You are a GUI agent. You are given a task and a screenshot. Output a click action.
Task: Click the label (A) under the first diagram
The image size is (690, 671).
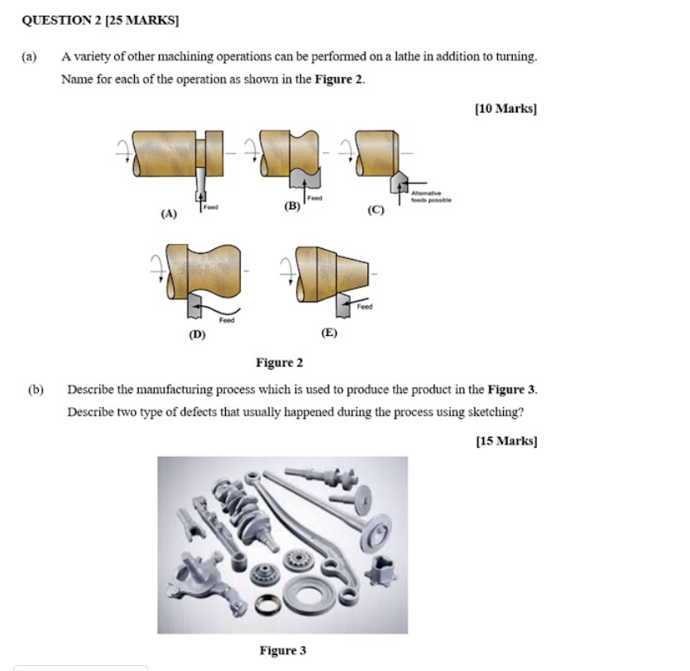point(169,213)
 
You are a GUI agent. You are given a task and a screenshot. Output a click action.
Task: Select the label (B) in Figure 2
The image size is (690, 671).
point(291,206)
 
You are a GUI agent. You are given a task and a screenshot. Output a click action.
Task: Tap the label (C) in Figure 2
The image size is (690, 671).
point(376,210)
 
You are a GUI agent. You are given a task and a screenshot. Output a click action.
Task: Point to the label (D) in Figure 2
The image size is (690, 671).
point(197,334)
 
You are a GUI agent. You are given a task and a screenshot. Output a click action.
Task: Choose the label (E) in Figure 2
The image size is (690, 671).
point(329,333)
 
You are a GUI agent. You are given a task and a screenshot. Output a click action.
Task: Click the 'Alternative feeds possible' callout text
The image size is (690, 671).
point(431,197)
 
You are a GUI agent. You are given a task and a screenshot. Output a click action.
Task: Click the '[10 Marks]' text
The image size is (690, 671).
point(506,108)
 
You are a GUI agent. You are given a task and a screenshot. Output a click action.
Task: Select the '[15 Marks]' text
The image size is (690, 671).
point(506,441)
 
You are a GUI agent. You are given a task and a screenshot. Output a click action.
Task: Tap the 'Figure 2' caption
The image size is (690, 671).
point(279,362)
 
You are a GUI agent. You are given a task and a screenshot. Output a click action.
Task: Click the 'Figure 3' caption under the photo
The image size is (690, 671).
point(282,650)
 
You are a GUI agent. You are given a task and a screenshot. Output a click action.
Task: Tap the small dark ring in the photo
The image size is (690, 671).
point(266,606)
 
